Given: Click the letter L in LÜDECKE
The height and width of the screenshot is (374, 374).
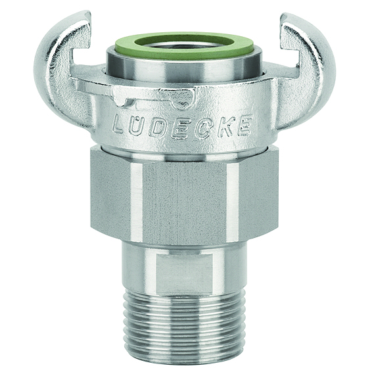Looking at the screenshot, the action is click(120, 124).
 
